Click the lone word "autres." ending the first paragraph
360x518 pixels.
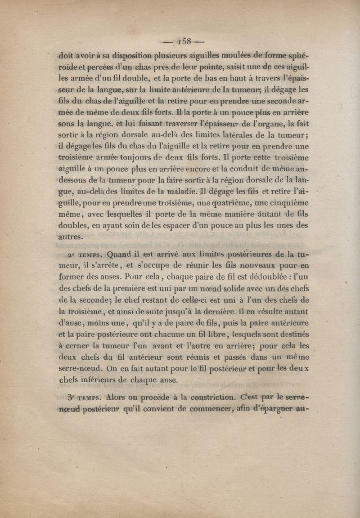point(71,236)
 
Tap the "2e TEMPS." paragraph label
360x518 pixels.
point(83,255)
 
